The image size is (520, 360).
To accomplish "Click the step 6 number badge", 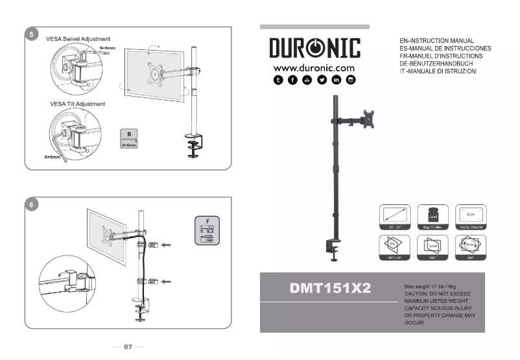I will [32, 204].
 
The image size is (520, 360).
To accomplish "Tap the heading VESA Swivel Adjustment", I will [78, 39].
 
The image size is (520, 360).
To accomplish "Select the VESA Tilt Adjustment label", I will [77, 104].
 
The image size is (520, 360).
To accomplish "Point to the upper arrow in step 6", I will [167, 245].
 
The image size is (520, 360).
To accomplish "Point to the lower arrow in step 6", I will [167, 281].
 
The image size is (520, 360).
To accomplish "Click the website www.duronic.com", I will [314, 67].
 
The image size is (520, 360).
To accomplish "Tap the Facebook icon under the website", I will [292, 80].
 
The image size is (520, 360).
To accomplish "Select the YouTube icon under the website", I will [307, 80].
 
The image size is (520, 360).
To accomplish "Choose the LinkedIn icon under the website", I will [337, 80].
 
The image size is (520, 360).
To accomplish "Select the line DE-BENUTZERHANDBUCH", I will [440, 63].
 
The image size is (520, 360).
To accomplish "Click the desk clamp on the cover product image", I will [335, 249].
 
